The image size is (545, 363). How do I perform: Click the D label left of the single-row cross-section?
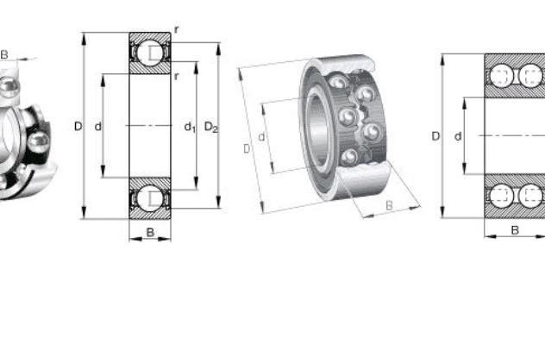[x=78, y=126]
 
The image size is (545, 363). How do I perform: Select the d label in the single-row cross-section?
[x=98, y=127]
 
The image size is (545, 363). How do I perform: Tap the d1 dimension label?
[x=190, y=127]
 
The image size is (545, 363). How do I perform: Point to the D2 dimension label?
[x=211, y=127]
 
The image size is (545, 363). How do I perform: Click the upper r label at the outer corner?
[x=177, y=30]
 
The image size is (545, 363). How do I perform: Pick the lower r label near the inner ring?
[x=177, y=76]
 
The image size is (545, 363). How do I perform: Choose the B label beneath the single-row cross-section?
[x=150, y=232]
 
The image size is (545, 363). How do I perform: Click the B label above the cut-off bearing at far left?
[x=4, y=54]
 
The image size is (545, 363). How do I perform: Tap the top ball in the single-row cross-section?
[x=150, y=53]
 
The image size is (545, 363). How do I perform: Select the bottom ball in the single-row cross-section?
[x=150, y=198]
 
